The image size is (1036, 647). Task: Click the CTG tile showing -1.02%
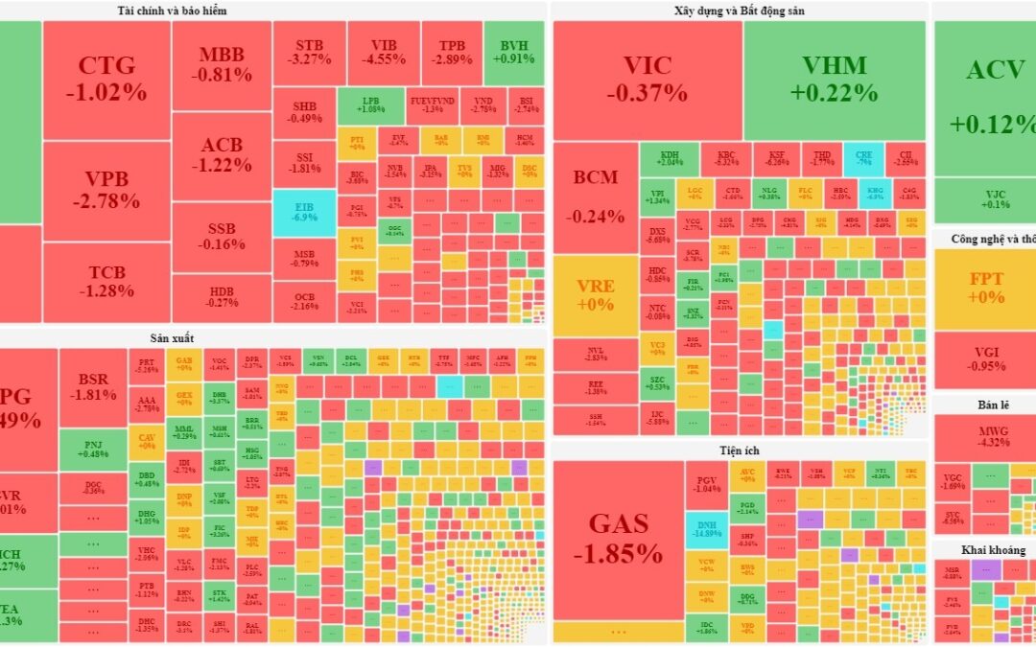[106, 80]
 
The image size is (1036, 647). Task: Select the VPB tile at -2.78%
[106, 190]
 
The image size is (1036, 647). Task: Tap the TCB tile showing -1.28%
[106, 282]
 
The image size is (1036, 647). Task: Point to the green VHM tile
[835, 80]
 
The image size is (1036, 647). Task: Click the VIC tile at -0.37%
[647, 80]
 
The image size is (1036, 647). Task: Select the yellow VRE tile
[596, 294]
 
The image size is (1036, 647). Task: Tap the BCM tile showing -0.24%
[596, 196]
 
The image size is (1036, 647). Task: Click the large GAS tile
[618, 539]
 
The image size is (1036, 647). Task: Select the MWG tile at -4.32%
[985, 436]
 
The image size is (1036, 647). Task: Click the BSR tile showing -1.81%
[93, 387]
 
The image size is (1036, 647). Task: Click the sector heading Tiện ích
[740, 450]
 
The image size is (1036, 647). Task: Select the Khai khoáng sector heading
[993, 550]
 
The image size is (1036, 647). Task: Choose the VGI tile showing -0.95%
[985, 358]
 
